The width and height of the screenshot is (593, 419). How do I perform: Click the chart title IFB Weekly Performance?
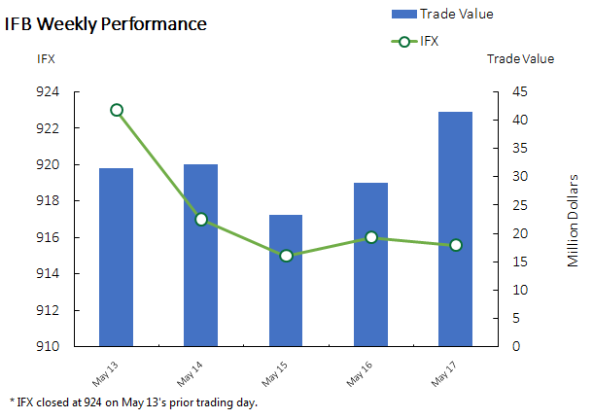[106, 23]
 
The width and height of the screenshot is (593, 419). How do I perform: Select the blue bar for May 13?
[117, 258]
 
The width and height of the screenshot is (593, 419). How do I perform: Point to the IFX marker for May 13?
[117, 110]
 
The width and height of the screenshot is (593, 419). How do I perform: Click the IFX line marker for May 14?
[201, 219]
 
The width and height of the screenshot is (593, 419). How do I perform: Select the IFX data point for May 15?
[286, 256]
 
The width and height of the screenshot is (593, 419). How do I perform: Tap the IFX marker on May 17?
[455, 245]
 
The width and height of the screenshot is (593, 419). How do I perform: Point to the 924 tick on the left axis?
[75, 92]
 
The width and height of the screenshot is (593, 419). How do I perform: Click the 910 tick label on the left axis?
[75, 346]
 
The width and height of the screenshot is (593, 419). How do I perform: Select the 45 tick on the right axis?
[520, 92]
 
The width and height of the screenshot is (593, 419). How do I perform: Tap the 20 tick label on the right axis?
[520, 233]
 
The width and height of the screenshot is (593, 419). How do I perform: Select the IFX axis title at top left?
[46, 59]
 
